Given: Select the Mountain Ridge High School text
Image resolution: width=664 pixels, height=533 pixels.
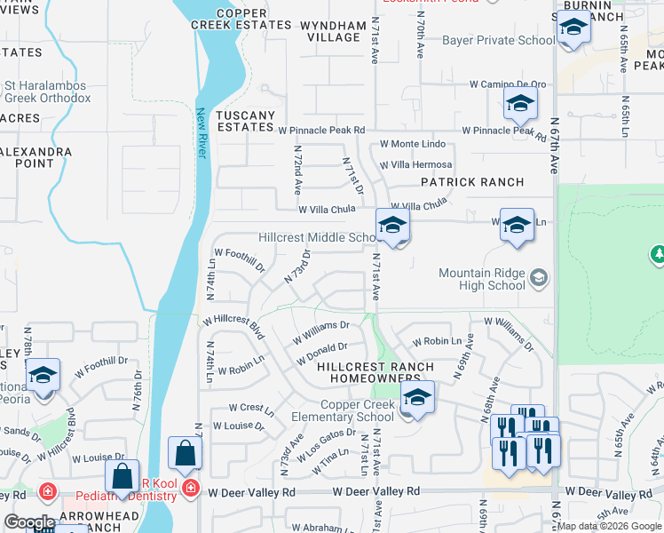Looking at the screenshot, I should point(481,279).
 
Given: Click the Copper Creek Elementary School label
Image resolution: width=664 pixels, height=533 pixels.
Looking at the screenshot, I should point(344,410).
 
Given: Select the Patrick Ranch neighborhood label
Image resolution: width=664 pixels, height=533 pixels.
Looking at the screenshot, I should point(471,182).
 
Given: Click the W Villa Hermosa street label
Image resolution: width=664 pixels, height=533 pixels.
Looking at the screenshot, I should point(415,165).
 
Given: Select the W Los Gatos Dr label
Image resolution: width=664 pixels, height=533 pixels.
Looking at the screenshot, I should point(327,441).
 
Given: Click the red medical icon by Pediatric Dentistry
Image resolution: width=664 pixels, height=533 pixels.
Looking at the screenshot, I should point(190,488).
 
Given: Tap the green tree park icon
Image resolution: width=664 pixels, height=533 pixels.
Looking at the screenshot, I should point(658,255).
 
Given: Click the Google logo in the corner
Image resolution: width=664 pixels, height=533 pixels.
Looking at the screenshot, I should point(29,522).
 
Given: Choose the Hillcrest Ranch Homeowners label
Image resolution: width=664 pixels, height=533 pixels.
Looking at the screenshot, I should point(375,372).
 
